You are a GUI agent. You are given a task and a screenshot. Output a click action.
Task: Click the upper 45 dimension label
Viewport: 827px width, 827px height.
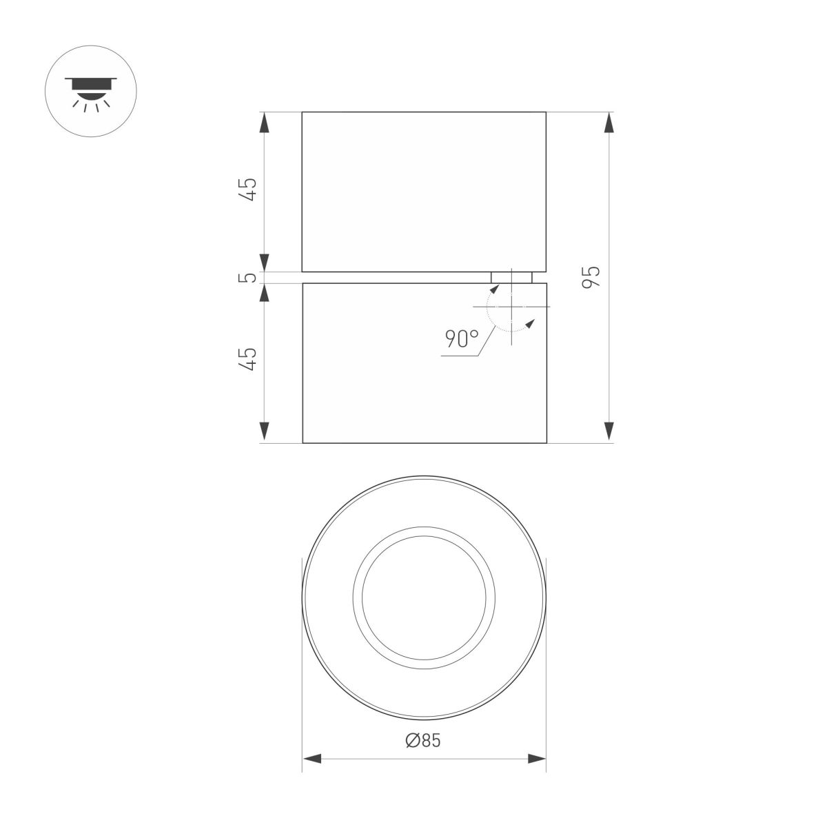[x=249, y=189]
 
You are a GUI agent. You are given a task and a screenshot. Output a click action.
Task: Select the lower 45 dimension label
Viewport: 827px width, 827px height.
[x=249, y=359]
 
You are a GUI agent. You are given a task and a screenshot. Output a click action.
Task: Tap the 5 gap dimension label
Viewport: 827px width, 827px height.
[x=249, y=278]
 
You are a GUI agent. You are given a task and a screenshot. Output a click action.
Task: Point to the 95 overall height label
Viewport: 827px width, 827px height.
[x=592, y=276]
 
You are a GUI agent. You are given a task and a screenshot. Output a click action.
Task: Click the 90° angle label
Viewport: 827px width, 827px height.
[x=461, y=339]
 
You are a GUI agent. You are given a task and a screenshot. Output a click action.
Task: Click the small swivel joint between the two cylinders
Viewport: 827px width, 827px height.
[x=511, y=277]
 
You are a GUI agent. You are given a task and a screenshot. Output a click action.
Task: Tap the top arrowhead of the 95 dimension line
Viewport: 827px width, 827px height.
[x=608, y=123]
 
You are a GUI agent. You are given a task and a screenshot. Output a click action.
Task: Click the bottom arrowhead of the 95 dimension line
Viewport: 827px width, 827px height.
[x=608, y=431]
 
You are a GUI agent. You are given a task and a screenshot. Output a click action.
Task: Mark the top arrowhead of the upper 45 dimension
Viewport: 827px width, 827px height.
[x=264, y=123]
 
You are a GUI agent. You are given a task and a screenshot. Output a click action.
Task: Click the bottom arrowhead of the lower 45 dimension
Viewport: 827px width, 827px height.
[x=264, y=431]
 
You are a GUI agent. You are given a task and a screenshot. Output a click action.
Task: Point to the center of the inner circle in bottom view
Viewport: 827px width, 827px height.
[x=424, y=598]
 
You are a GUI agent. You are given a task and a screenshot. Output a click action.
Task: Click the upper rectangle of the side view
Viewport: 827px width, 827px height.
[x=424, y=192]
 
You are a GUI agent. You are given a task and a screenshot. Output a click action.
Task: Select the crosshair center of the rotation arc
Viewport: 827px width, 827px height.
[x=511, y=306]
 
